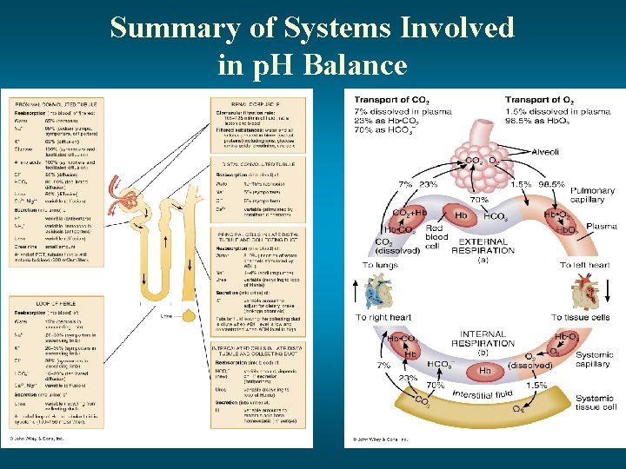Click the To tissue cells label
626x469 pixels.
point(579,317)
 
